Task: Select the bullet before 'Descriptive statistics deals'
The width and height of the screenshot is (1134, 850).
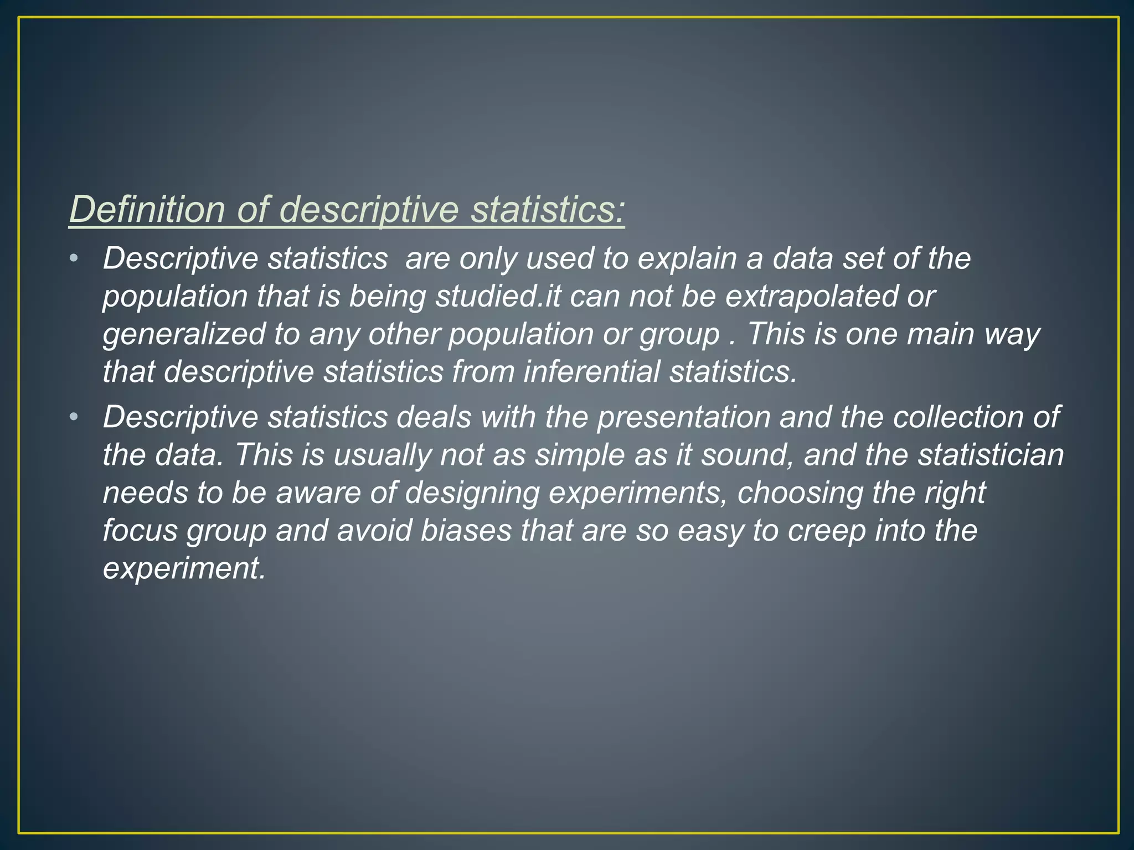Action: [74, 417]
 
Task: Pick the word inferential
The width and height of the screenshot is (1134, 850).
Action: [591, 371]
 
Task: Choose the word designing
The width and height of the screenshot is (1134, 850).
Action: [472, 493]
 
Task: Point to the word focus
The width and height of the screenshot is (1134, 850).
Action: [140, 530]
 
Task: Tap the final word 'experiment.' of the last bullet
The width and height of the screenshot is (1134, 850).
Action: [184, 568]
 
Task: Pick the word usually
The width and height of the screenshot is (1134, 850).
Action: [382, 455]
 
